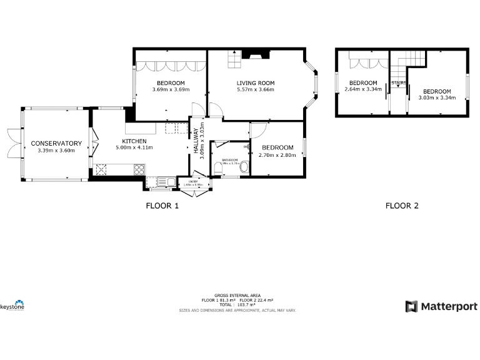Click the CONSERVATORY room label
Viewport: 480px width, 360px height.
[x=56, y=143]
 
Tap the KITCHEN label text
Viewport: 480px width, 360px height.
[x=134, y=141]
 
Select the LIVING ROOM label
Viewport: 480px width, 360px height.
[x=256, y=83]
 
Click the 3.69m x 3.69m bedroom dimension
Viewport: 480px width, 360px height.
[x=171, y=89]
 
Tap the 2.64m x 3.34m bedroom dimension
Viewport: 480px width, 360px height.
[x=363, y=89]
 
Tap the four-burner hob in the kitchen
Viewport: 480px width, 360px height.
[x=139, y=169]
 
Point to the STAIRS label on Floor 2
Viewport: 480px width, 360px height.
[x=398, y=82]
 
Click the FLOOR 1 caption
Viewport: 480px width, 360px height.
[x=162, y=206]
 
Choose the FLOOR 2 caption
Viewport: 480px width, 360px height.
[x=402, y=206]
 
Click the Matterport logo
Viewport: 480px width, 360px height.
[x=441, y=306]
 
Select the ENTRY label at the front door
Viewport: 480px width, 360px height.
[x=193, y=181]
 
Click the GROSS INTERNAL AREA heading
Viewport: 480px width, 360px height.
[x=237, y=295]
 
